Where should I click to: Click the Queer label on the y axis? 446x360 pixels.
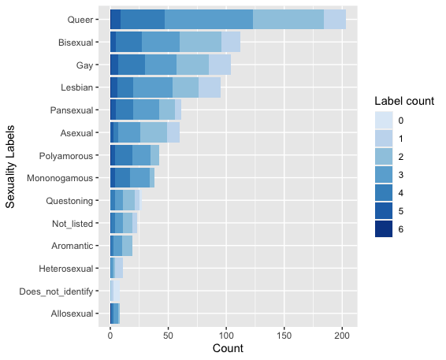pyautogui.click(x=80, y=20)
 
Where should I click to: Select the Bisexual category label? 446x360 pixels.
pyautogui.click(x=76, y=43)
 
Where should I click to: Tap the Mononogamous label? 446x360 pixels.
pyautogui.click(x=60, y=178)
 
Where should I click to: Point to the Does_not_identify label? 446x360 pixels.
pyautogui.click(x=56, y=291)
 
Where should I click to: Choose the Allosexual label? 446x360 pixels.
pyautogui.click(x=72, y=314)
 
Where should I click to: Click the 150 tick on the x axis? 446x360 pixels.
pyautogui.click(x=284, y=336)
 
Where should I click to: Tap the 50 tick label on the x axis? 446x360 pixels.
pyautogui.click(x=168, y=336)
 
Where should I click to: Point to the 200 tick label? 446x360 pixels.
pyautogui.click(x=342, y=336)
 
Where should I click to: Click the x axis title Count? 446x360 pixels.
pyautogui.click(x=228, y=348)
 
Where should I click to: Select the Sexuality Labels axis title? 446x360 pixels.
pyautogui.click(x=10, y=167)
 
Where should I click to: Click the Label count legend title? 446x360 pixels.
pyautogui.click(x=404, y=101)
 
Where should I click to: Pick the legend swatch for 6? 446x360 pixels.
pyautogui.click(x=384, y=228)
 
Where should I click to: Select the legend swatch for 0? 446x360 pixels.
pyautogui.click(x=384, y=120)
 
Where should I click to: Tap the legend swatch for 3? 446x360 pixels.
pyautogui.click(x=384, y=174)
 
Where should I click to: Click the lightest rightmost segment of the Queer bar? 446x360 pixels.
pyautogui.click(x=335, y=20)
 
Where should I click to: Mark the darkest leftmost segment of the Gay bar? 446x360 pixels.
pyautogui.click(x=114, y=65)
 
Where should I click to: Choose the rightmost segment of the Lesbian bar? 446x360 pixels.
pyautogui.click(x=210, y=87)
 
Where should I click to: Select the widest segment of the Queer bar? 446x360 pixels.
pyautogui.click(x=209, y=20)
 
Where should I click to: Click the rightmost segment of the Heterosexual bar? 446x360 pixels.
pyautogui.click(x=119, y=268)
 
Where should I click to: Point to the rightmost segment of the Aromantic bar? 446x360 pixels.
pyautogui.click(x=127, y=246)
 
